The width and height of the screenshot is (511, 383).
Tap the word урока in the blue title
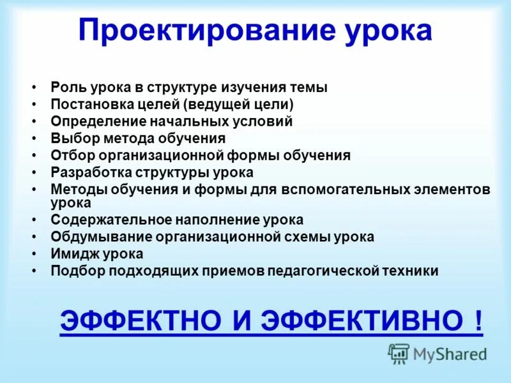click(x=383, y=31)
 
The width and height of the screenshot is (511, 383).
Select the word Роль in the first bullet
click(x=65, y=88)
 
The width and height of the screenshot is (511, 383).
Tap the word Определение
click(x=91, y=121)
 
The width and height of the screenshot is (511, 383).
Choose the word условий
click(x=265, y=121)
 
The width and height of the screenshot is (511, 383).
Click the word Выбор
click(x=70, y=138)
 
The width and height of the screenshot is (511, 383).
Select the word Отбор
click(x=70, y=155)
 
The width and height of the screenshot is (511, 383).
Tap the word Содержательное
click(x=103, y=220)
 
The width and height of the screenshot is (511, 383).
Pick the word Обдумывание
click(x=95, y=237)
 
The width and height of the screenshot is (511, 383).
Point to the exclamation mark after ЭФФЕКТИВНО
click(x=478, y=319)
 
